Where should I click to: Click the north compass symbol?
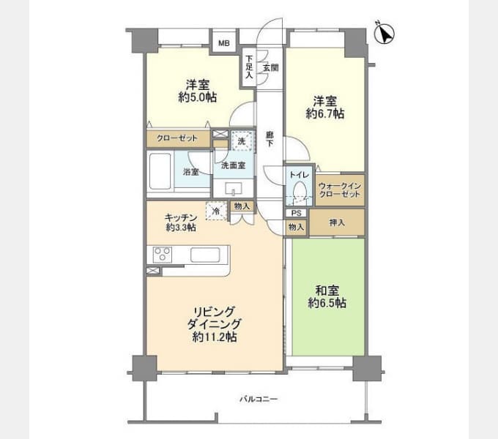(384, 33)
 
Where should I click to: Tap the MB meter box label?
(224, 43)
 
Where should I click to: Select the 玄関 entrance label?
(271, 67)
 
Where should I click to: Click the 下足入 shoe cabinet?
(249, 67)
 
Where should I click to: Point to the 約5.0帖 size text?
(198, 97)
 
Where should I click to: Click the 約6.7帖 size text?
(325, 113)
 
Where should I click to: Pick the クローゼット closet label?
(177, 138)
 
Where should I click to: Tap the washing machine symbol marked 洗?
(242, 140)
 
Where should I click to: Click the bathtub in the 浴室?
(160, 172)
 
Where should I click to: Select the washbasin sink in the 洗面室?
(234, 189)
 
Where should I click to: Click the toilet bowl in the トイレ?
(300, 191)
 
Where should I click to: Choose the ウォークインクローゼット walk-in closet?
(340, 190)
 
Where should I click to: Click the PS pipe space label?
(296, 213)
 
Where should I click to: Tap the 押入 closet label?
(337, 222)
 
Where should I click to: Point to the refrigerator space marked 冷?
(216, 211)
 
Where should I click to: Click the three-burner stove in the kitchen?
(163, 255)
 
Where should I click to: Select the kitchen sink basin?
(205, 255)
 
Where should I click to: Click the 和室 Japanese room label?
(327, 290)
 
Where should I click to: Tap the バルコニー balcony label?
(259, 399)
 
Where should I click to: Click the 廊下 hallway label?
(270, 139)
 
